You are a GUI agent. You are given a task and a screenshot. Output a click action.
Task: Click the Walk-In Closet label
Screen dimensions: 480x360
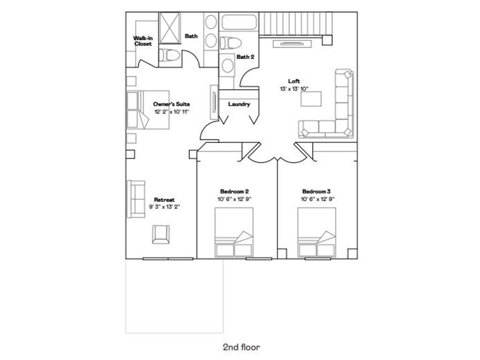click(x=143, y=41)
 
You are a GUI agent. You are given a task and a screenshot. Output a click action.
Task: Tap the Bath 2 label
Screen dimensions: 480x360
click(x=245, y=57)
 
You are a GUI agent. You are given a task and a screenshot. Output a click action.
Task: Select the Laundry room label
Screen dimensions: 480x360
click(x=239, y=104)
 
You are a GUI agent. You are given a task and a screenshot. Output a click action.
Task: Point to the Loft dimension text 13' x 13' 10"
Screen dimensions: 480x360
click(x=294, y=89)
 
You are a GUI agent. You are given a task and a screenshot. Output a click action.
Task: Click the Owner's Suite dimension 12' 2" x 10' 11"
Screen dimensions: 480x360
click(x=172, y=112)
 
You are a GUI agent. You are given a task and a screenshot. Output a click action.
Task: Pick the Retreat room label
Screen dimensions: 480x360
click(x=165, y=200)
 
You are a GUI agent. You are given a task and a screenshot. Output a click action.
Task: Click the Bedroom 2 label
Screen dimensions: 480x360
click(x=234, y=192)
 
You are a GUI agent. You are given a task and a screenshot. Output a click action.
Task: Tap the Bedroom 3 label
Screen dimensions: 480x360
click(x=316, y=192)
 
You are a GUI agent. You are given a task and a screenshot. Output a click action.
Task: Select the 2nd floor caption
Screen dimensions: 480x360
click(x=241, y=347)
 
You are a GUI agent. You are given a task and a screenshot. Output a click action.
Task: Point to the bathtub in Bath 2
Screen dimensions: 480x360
click(x=239, y=22)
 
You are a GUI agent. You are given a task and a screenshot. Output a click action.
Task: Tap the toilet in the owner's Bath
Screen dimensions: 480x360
click(x=169, y=55)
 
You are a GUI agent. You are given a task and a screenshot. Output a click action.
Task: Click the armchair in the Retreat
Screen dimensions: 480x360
click(x=161, y=234)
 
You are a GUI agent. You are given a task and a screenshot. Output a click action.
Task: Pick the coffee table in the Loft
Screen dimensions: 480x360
click(x=311, y=99)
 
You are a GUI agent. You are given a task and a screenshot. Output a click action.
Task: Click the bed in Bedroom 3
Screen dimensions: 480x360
click(x=317, y=232)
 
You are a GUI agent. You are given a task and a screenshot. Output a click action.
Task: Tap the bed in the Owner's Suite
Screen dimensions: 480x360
click(x=148, y=110)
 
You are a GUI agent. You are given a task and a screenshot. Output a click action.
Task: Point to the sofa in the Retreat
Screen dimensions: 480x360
click(x=136, y=199)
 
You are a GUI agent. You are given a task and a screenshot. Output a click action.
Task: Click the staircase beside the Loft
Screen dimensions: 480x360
click(x=296, y=24)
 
